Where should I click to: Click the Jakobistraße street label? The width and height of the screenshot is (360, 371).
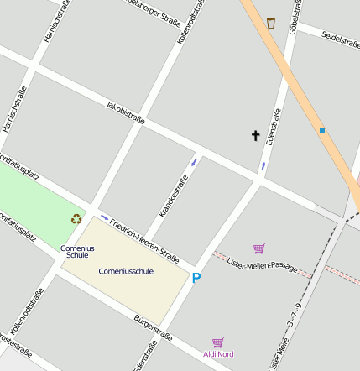tap(126, 112)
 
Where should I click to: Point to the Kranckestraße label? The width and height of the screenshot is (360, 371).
tap(172, 199)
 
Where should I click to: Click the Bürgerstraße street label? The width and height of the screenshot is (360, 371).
tap(154, 328)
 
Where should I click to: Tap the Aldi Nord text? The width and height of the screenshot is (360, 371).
tap(218, 354)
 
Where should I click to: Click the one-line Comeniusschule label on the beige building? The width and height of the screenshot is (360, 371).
tap(126, 271)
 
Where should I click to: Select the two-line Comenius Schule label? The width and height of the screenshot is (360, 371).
tap(77, 251)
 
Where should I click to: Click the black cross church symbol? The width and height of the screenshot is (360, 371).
tap(256, 135)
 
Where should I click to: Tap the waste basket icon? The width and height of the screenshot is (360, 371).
tap(270, 23)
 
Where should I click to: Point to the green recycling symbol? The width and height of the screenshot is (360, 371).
tap(76, 219)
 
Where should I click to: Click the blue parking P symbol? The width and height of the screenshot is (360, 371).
tap(197, 278)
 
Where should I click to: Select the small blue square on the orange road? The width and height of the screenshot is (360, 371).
tap(321, 130)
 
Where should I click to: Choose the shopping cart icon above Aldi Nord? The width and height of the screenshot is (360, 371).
tap(218, 342)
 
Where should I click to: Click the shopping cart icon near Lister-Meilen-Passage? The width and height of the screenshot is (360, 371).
tap(258, 248)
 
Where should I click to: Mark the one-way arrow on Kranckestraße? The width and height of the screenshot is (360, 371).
tap(195, 161)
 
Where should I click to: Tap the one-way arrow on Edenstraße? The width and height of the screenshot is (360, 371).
tap(263, 166)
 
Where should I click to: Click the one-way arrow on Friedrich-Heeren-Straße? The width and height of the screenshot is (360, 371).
tap(104, 218)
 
